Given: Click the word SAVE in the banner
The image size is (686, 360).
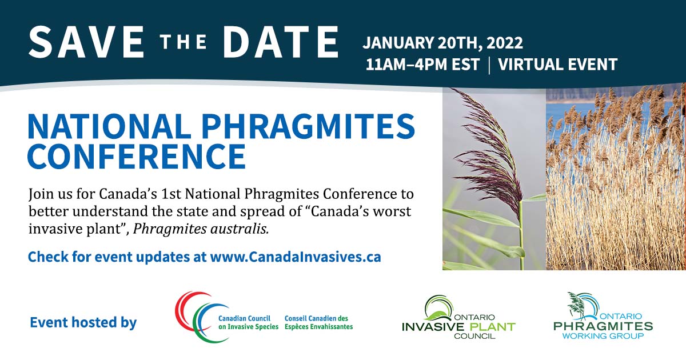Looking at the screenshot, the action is point(86,42).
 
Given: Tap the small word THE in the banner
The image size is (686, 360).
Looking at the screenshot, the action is point(184,42).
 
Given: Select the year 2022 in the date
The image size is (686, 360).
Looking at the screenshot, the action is point(504,43).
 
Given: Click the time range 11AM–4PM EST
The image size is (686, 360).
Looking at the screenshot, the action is point(422,65).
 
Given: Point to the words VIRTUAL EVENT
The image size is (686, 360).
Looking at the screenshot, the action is point(557,65).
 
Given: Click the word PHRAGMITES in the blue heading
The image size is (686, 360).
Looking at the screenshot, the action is point(308,126).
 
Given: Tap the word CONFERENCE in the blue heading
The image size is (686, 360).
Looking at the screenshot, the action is point(137,156).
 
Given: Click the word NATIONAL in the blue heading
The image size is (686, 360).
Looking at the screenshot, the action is point(109,126).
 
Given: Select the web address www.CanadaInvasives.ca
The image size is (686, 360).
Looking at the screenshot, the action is point(296,257).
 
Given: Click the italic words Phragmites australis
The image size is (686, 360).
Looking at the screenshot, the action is point(201,229).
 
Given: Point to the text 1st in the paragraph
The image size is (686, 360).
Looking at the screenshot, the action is point(170,194).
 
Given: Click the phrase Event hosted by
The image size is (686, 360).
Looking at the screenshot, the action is point(83,323).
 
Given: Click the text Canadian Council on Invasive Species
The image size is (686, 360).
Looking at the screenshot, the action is point(248,323).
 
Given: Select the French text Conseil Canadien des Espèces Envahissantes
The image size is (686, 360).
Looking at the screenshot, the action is point(318,323).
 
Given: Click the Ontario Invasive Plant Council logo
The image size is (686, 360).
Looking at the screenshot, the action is point(458,317).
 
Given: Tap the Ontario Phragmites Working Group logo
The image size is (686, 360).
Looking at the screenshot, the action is point(603,316).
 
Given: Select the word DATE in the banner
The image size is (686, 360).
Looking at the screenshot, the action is point(281,42).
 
